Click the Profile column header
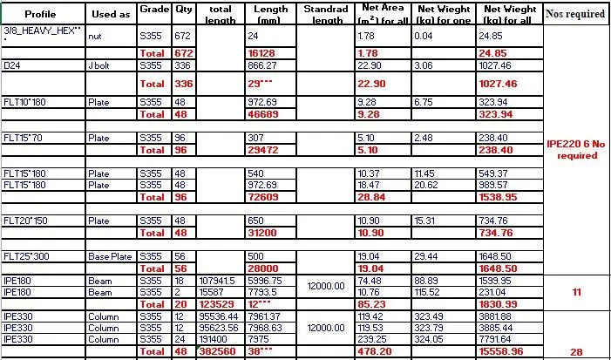(41, 14)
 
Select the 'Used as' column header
(111, 14)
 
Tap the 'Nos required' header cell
(575, 14)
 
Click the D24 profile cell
(13, 65)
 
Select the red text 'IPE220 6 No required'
(575, 149)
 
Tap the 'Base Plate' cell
(109, 257)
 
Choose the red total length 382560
(217, 351)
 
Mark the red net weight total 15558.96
(502, 351)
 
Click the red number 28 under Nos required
(575, 351)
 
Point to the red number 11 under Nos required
(575, 292)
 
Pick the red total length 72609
(261, 198)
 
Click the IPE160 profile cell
(17, 292)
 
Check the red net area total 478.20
(372, 351)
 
